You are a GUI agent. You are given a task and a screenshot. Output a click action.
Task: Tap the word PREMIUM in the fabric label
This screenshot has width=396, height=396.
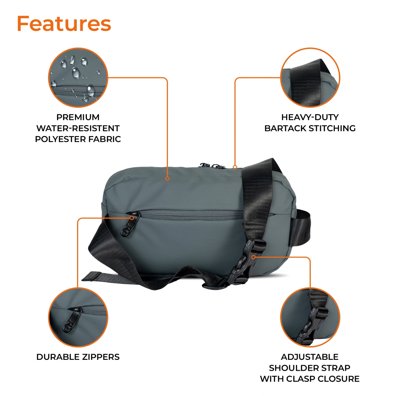click(x=78, y=117)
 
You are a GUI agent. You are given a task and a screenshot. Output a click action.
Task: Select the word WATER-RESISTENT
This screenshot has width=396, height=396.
click(x=78, y=128)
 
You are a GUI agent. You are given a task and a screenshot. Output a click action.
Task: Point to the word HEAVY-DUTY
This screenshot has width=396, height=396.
click(x=310, y=117)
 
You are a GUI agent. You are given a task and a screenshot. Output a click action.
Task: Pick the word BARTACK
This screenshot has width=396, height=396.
click(x=285, y=128)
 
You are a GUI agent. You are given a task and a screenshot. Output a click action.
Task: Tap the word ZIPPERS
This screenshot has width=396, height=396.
click(x=101, y=357)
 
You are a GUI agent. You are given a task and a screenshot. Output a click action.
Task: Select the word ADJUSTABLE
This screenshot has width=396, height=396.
click(x=309, y=357)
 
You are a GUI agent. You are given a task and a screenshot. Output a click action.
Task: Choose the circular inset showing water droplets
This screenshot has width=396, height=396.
click(x=78, y=78)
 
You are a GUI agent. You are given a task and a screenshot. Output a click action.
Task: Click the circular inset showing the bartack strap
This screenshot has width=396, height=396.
click(x=310, y=78)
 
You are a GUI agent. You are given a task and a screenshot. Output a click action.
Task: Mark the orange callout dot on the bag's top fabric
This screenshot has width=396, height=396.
click(x=167, y=179)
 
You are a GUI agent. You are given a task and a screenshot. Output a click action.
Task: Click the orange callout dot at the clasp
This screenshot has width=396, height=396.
click(x=253, y=257)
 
